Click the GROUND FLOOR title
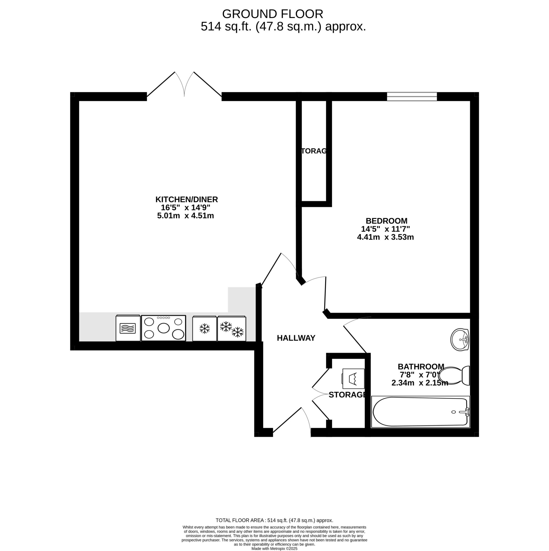pyautogui.click(x=272, y=14)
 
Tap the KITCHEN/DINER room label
pyautogui.click(x=186, y=199)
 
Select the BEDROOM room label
pyautogui.click(x=387, y=221)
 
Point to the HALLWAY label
pyautogui.click(x=296, y=338)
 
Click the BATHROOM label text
pyautogui.click(x=421, y=366)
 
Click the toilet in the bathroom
pyautogui.click(x=455, y=376)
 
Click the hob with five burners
pyautogui.click(x=164, y=328)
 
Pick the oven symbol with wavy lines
pyautogui.click(x=128, y=328)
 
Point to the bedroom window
pyautogui.click(x=412, y=96)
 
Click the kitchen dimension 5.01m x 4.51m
pyautogui.click(x=185, y=216)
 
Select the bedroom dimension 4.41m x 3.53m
pyautogui.click(x=385, y=237)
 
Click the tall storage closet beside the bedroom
pyautogui.click(x=314, y=151)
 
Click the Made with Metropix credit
pyautogui.click(x=274, y=548)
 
